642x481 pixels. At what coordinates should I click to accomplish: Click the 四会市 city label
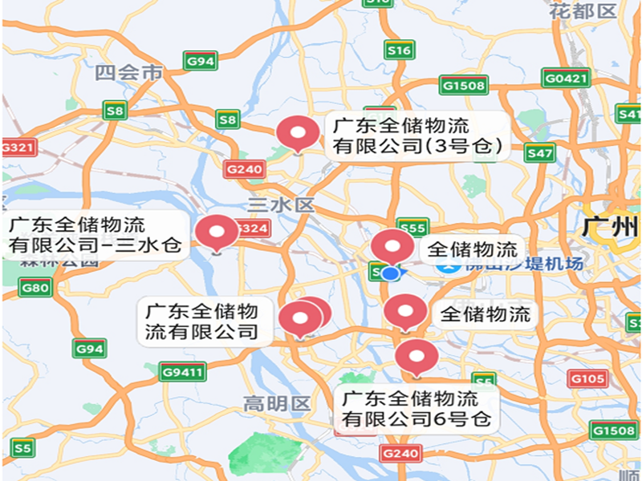pyautogui.click(x=128, y=74)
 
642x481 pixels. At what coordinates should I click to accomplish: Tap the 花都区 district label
pyautogui.click(x=583, y=11)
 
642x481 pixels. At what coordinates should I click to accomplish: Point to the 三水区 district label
pyautogui.click(x=280, y=205)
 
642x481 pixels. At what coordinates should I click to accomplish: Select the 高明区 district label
pyautogui.click(x=277, y=403)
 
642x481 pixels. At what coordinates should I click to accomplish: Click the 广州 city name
pyautogui.click(x=607, y=227)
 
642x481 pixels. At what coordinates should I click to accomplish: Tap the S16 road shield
pyautogui.click(x=399, y=51)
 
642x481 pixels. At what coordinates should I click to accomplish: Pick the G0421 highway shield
pyautogui.click(x=566, y=79)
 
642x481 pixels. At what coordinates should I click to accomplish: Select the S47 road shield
pyautogui.click(x=540, y=152)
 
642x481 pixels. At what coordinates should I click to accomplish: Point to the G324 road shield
pyautogui.click(x=252, y=229)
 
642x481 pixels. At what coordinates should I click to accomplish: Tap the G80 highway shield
pyautogui.click(x=35, y=287)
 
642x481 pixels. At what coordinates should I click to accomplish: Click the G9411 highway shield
pyautogui.click(x=183, y=371)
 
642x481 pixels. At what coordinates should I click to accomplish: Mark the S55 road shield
pyautogui.click(x=412, y=228)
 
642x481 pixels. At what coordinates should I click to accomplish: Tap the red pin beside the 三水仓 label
pyautogui.click(x=217, y=232)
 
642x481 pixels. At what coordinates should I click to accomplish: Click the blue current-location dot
pyautogui.click(x=391, y=273)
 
